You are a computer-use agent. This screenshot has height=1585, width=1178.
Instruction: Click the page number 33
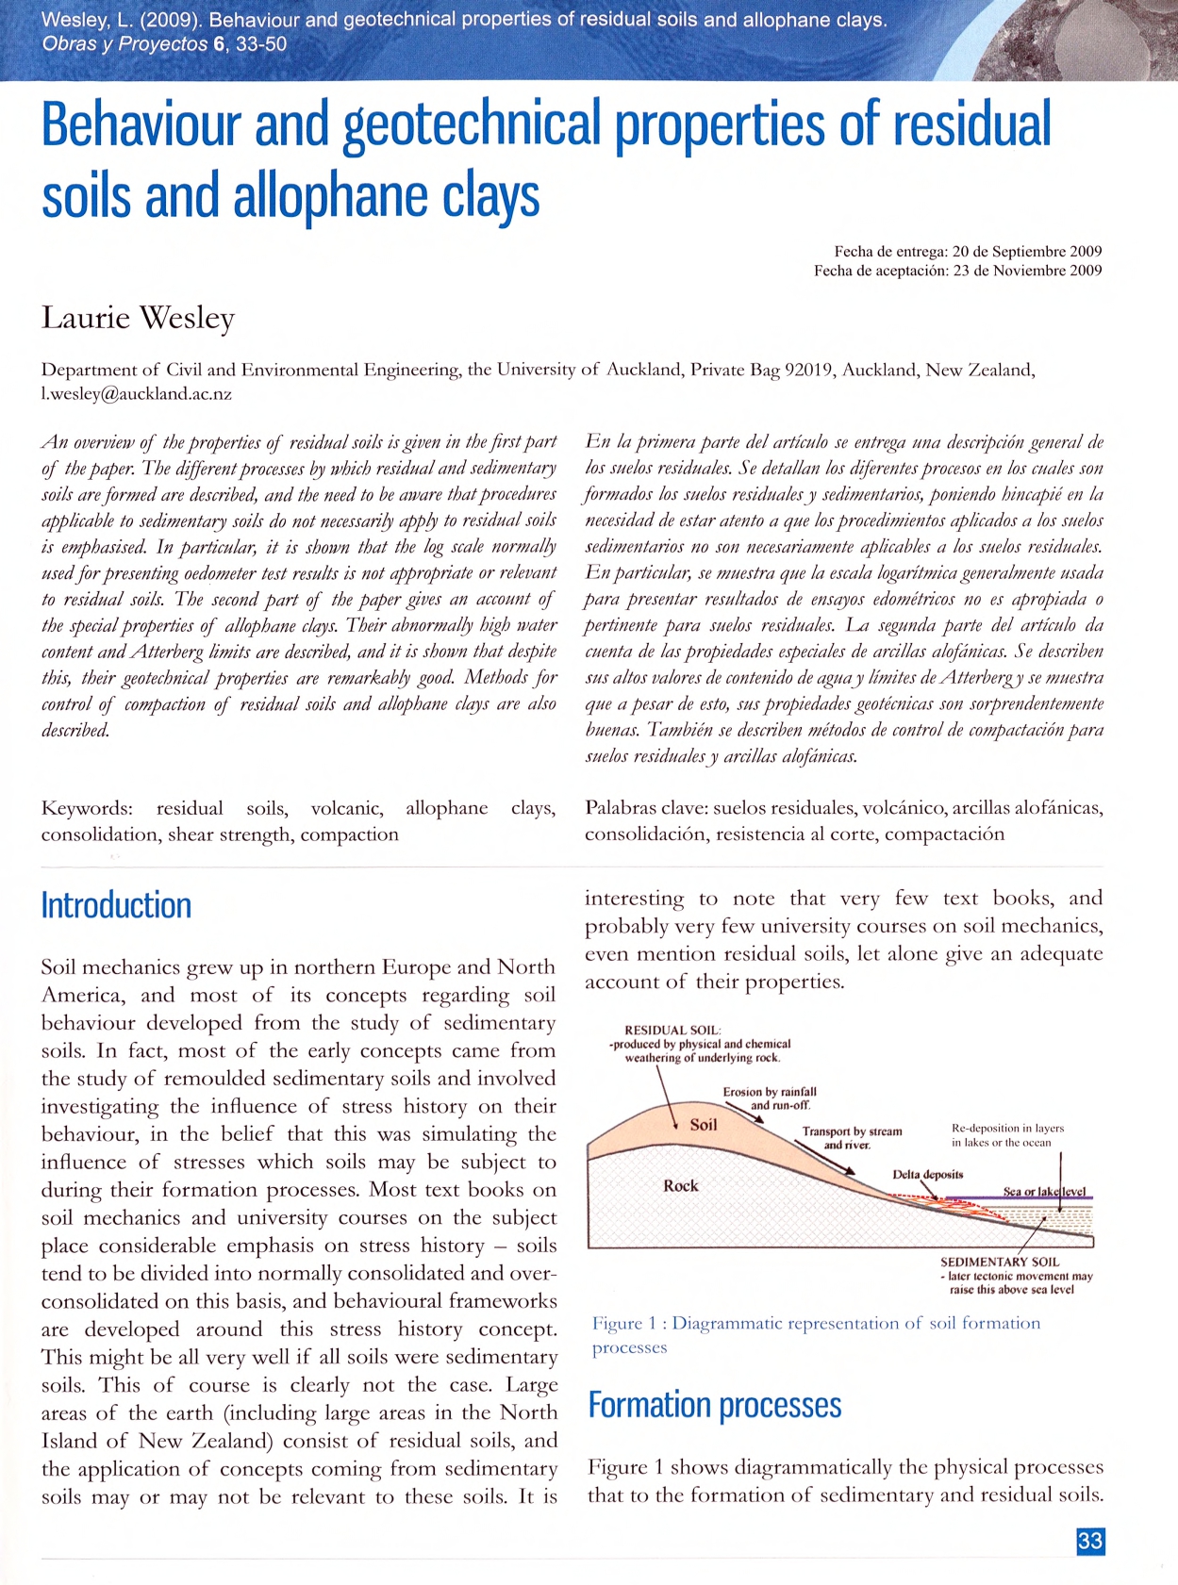(1089, 1541)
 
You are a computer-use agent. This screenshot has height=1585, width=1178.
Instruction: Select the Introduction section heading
(116, 905)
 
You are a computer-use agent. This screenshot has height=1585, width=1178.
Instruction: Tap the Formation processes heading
(714, 1405)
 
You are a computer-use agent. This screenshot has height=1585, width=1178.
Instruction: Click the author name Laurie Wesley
(138, 318)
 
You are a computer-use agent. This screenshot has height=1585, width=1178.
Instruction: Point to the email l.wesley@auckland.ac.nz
(136, 394)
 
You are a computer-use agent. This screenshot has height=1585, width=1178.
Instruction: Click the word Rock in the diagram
(680, 1185)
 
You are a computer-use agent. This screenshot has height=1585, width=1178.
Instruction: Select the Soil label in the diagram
(704, 1125)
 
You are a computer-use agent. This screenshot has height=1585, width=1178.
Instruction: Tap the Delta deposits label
(927, 1174)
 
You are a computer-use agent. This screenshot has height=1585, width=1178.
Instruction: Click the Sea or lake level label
(1043, 1192)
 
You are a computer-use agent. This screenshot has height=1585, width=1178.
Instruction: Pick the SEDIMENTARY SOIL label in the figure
(999, 1262)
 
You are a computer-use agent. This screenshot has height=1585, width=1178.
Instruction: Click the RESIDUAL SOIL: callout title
(672, 1031)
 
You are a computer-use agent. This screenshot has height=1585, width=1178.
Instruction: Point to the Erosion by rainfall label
(770, 1092)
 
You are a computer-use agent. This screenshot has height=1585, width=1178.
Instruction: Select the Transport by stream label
(852, 1131)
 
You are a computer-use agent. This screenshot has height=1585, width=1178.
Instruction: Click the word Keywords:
(87, 808)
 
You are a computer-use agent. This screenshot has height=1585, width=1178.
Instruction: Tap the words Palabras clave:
(645, 808)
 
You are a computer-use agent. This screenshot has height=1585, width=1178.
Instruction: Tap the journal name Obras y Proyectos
(124, 44)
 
